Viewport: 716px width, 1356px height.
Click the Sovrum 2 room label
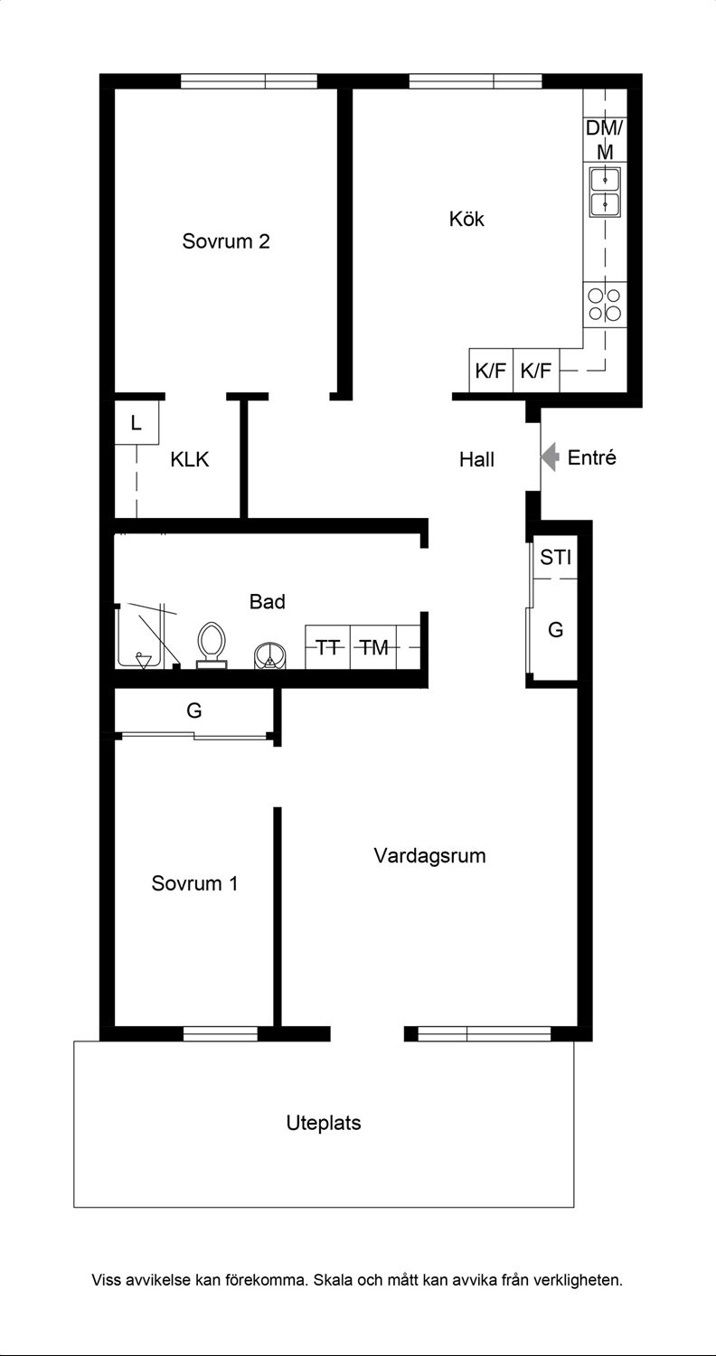(x=226, y=241)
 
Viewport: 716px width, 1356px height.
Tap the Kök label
(x=466, y=219)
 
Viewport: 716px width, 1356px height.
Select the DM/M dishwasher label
(x=605, y=140)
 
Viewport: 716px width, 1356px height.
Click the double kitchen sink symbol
(x=605, y=192)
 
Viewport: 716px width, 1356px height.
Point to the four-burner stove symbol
(x=605, y=305)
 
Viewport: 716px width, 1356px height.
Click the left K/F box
(x=491, y=370)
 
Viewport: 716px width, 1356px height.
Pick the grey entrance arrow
(x=550, y=457)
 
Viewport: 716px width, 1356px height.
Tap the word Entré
(x=591, y=457)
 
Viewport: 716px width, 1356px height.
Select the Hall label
(x=477, y=459)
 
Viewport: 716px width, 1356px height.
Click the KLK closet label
(x=190, y=459)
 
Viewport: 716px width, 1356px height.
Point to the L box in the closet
(x=137, y=423)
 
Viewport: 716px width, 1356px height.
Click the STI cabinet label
(x=555, y=557)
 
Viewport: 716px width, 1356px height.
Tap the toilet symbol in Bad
(x=212, y=645)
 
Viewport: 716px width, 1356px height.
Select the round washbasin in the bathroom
(x=269, y=656)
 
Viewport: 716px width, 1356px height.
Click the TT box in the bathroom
(x=328, y=647)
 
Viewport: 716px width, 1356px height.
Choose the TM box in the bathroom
(x=374, y=647)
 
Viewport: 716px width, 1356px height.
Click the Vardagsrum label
(x=429, y=855)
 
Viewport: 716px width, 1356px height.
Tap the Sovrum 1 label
(x=194, y=883)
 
